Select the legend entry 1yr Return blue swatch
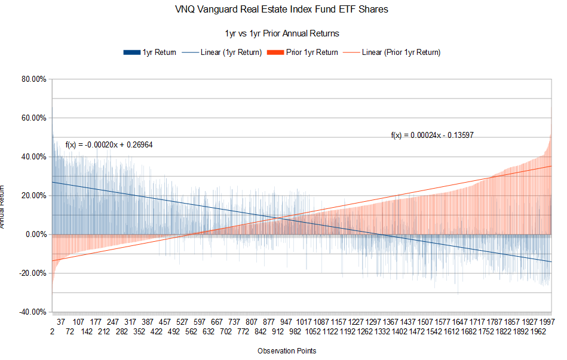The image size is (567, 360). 131,53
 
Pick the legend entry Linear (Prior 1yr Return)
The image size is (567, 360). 401,53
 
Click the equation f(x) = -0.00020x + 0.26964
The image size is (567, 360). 108,145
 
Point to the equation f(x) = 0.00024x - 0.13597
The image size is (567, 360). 433,136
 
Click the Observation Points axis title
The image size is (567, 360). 287,350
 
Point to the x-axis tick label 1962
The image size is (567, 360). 539,332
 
